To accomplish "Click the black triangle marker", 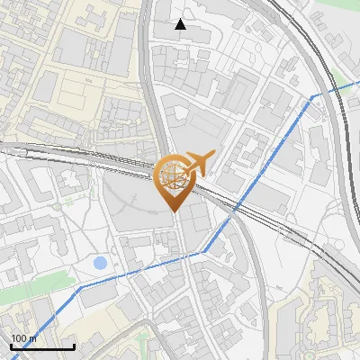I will tap(181, 24).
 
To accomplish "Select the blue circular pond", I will tap(100, 264).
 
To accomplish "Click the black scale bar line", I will tap(42, 346).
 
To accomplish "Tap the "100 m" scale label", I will tap(24, 338).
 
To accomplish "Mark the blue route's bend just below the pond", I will tap(83, 285).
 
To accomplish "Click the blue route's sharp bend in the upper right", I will tap(313, 96).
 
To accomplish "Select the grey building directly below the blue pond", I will tap(102, 293).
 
